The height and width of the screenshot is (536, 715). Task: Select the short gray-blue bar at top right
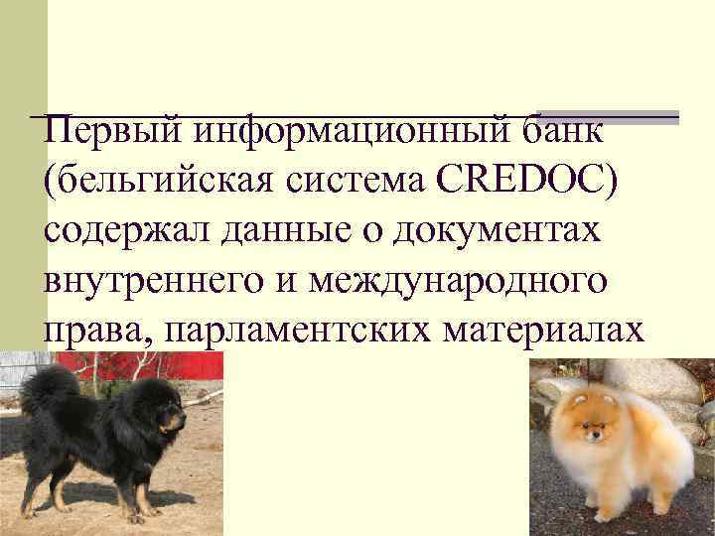click(x=608, y=116)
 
